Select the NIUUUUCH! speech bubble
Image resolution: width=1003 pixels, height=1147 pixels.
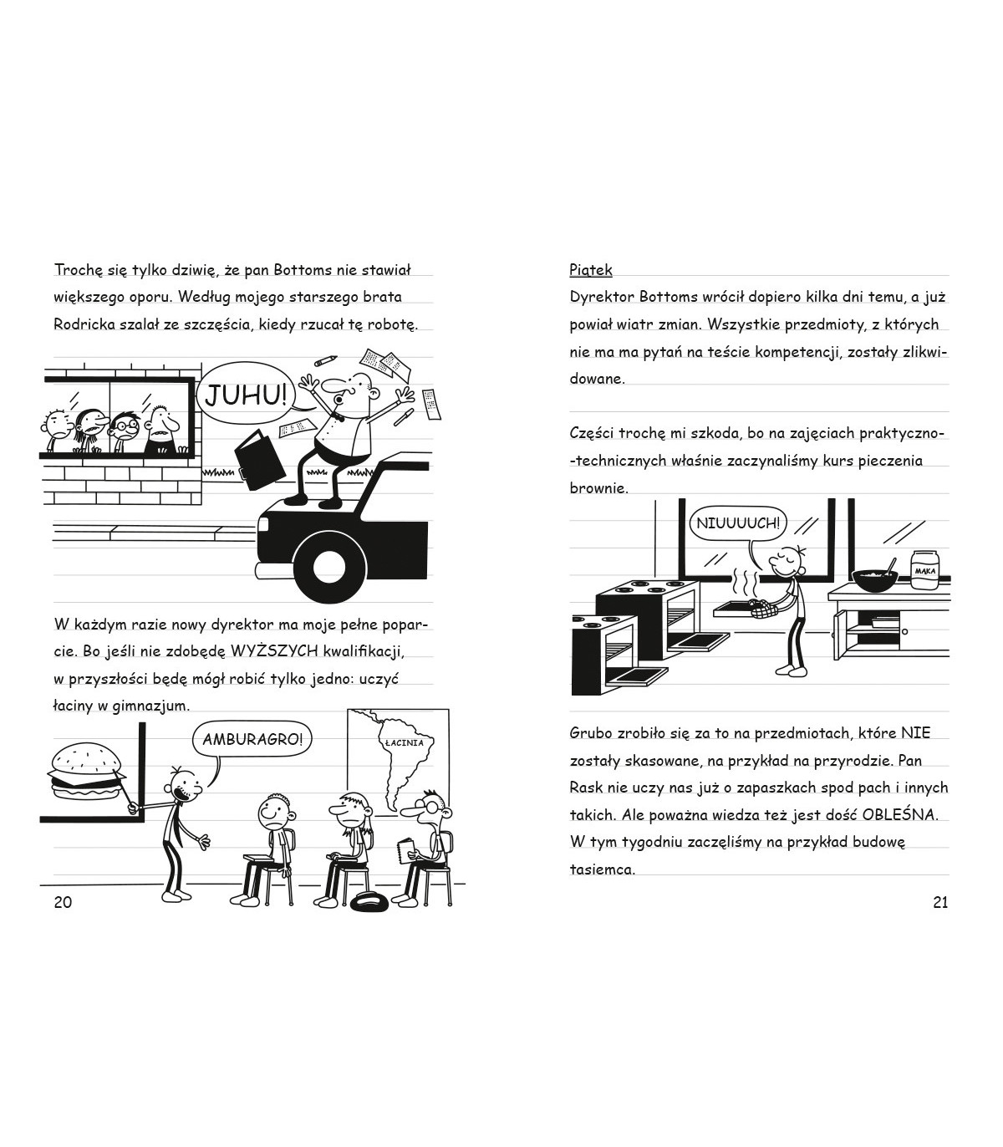[x=736, y=524]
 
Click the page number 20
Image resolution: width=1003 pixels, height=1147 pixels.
[x=63, y=902]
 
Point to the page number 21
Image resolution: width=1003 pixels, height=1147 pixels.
[x=939, y=902]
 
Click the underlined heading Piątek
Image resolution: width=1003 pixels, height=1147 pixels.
[x=590, y=270]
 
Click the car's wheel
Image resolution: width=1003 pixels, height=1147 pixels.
[x=327, y=568]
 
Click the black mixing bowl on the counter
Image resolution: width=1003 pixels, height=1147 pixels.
[x=874, y=579]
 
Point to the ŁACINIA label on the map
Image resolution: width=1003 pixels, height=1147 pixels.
[x=405, y=742]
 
